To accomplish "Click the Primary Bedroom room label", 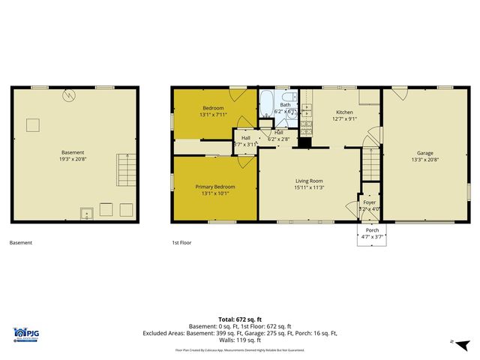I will pos(215,187).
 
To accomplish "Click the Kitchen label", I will pos(344,112).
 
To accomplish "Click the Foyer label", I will pos(369,202).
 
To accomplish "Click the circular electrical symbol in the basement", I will pos(69,95).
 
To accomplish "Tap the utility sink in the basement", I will pos(87,212).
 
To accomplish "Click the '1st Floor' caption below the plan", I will pos(183,243).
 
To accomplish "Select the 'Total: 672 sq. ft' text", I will pos(240,317).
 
